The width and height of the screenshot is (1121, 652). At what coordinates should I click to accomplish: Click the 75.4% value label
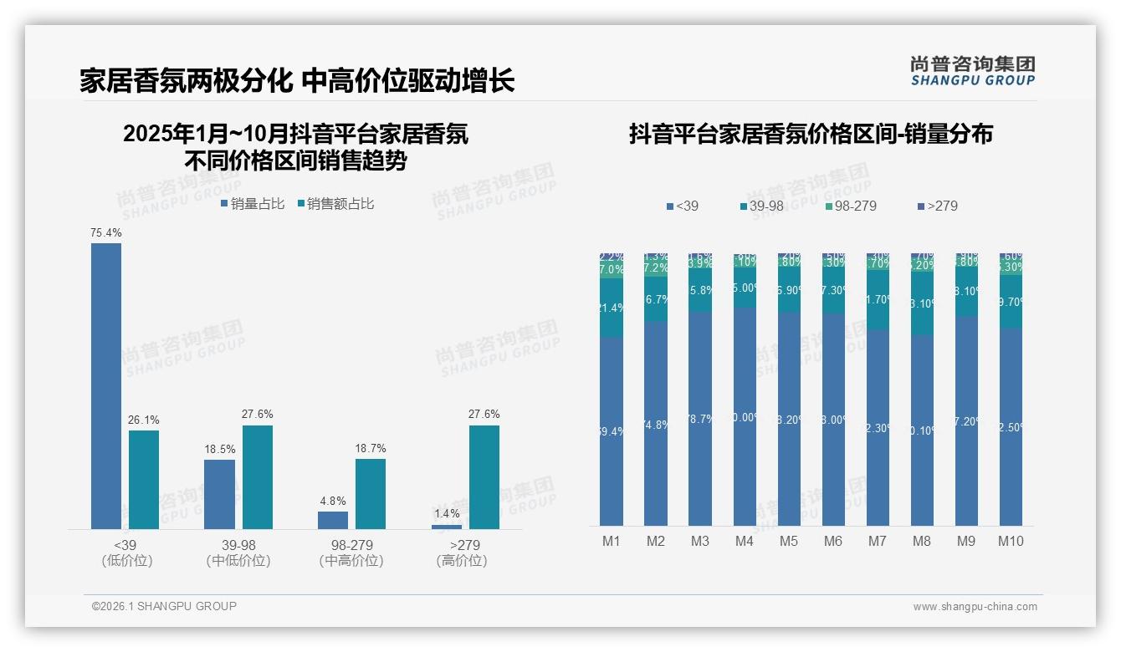105,232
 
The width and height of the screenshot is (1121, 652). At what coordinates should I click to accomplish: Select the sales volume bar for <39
105,385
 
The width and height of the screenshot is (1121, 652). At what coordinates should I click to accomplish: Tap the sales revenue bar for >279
484,476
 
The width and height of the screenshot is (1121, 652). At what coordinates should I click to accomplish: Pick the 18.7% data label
370,449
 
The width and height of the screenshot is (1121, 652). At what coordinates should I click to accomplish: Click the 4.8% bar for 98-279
332,520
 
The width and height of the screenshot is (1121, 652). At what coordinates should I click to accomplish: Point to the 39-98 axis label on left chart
238,545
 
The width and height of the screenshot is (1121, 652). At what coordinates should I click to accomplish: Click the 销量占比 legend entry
253,204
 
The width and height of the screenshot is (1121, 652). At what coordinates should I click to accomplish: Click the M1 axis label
612,541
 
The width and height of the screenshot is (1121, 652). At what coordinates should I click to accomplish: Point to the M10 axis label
1011,541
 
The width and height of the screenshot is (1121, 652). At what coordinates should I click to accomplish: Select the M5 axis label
789,541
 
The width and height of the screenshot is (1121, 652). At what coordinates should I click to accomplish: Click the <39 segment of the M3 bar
700,418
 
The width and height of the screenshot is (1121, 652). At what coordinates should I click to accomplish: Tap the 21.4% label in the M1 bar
612,308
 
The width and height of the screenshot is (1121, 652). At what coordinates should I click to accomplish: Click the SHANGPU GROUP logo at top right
972,71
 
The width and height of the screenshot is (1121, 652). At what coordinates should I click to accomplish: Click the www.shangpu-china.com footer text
975,607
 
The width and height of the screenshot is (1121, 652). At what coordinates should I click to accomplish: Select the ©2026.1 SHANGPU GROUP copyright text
164,606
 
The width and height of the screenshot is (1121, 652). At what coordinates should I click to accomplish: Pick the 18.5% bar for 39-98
219,494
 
